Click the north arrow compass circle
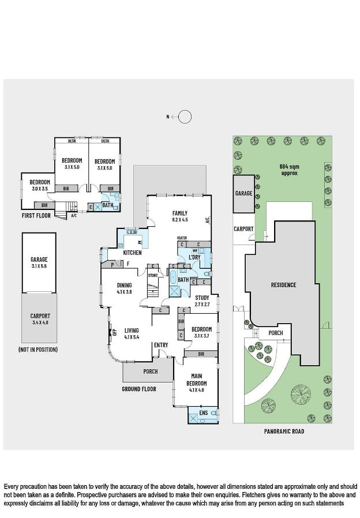pos(185,117)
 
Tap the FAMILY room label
pos(180,213)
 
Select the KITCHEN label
pos(132,253)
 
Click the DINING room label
pos(125,285)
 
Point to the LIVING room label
pos(132,330)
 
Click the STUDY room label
pos(202,298)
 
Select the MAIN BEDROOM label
pos(197,378)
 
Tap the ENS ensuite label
pos(203,413)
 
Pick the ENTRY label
pos(161,345)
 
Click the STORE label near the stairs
pos(152,275)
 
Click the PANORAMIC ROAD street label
pos(284,431)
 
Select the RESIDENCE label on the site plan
pos(283,284)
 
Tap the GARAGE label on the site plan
pos(243,193)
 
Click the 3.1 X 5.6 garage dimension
pos(39,266)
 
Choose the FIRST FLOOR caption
pos(36,215)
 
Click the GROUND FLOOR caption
pos(139,389)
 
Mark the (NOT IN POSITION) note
pos(37,349)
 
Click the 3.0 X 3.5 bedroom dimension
pos(40,188)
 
